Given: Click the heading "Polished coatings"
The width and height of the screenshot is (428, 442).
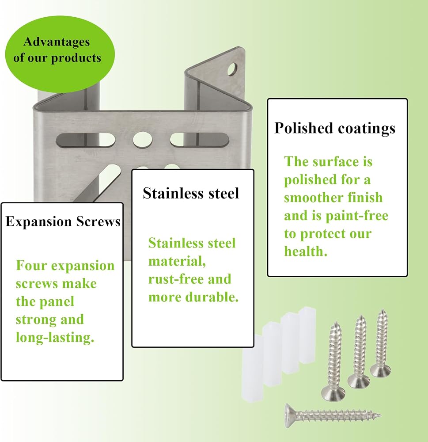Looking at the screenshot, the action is click(x=335, y=129).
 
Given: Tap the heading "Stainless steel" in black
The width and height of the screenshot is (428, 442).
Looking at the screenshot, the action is click(x=191, y=194).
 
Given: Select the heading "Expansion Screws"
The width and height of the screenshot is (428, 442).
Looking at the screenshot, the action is click(x=63, y=221).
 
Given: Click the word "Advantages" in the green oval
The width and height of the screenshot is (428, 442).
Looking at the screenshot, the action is click(x=57, y=42).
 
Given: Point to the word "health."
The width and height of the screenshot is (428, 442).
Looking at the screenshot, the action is click(x=306, y=251).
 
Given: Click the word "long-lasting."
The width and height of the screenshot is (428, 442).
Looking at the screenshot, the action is click(x=55, y=337).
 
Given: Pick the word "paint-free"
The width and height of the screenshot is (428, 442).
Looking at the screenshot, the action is click(x=357, y=216).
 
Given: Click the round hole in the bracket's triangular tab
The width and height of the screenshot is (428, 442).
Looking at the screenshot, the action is click(x=232, y=69).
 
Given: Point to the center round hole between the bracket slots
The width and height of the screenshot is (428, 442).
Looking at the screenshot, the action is click(x=142, y=140).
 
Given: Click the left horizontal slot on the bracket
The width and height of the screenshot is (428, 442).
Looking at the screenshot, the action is click(x=86, y=140).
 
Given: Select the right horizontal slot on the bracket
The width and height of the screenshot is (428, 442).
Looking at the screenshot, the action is click(x=199, y=140).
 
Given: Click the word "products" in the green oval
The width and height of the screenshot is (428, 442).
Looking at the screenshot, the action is click(x=76, y=58).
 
